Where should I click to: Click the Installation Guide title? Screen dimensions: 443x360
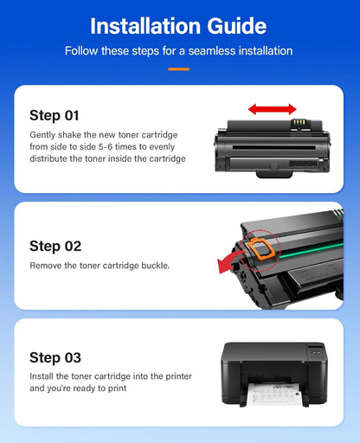click(179, 25)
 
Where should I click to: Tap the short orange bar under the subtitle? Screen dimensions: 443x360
click(179, 67)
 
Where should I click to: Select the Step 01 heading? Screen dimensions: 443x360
click(58, 115)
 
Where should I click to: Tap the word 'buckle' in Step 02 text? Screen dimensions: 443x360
click(152, 265)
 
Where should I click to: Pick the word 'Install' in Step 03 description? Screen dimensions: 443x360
click(42, 376)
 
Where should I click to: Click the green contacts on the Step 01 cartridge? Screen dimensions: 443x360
click(299, 123)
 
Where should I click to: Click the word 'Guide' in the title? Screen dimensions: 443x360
click(235, 25)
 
